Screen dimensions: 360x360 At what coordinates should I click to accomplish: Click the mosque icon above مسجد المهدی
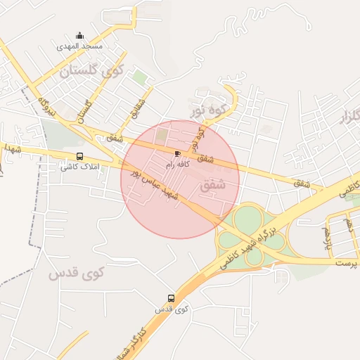pos(79,36)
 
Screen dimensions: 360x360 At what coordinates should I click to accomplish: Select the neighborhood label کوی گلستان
pos(91,70)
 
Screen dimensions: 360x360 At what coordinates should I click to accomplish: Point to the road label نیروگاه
pos(47,105)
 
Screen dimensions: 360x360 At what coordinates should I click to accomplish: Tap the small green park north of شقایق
pos(141,77)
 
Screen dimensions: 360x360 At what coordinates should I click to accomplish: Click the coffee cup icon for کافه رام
pos(177,153)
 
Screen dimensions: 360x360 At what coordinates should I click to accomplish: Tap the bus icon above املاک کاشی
pos(79,157)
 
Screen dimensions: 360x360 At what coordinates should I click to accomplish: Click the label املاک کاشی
pos(77,167)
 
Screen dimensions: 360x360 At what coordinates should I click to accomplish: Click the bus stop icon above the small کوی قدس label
pos(171,298)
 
